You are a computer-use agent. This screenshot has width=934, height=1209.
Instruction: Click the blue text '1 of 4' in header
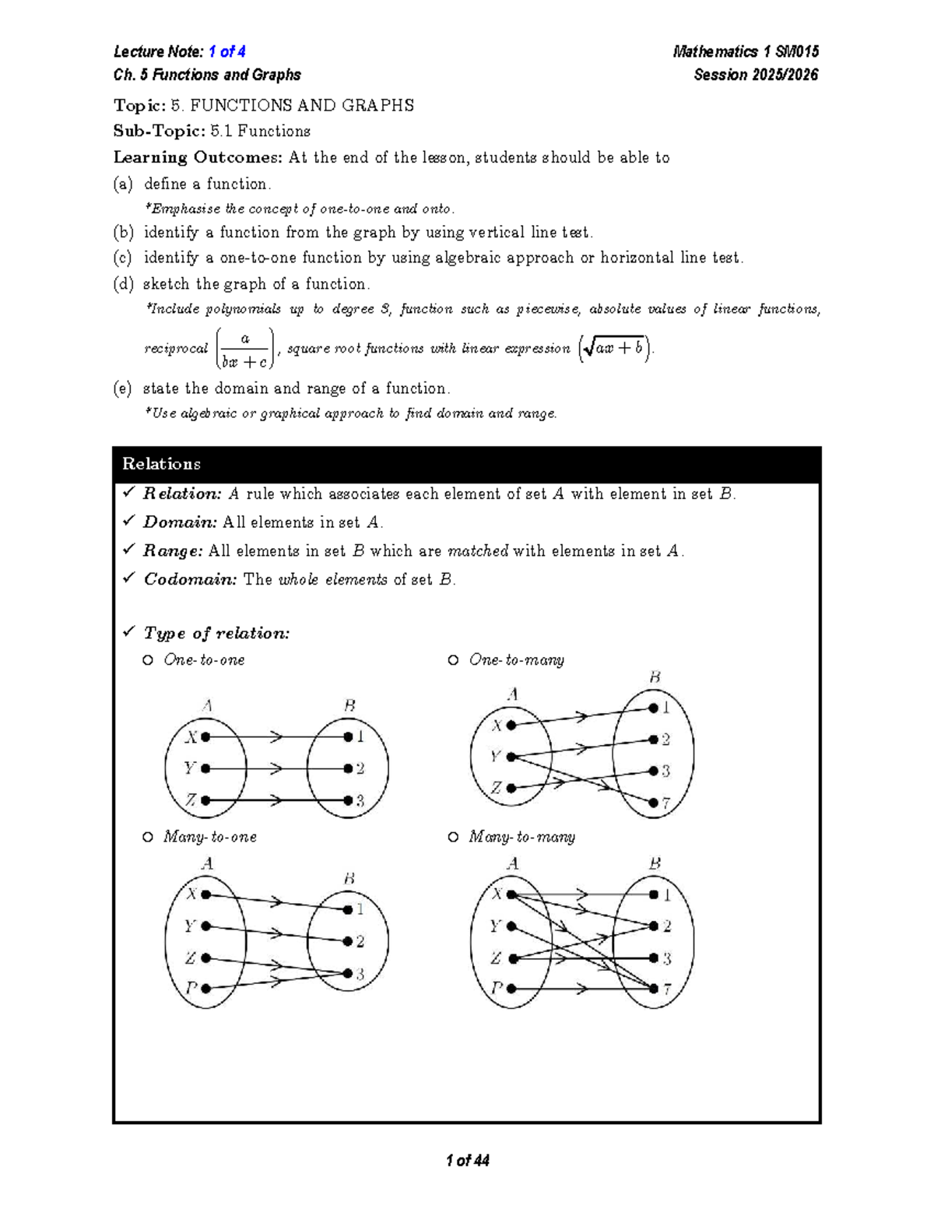tap(227, 52)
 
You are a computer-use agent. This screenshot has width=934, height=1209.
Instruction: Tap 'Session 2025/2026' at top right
tap(756, 76)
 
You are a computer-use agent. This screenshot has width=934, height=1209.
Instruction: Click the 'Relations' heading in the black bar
tap(161, 464)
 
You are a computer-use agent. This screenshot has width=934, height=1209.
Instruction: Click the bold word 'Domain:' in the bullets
tap(180, 522)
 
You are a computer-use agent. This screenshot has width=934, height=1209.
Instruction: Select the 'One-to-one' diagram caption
tap(204, 660)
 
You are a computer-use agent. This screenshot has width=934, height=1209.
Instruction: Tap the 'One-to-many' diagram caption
tap(516, 660)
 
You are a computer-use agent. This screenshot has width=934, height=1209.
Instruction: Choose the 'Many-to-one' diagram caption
tap(209, 837)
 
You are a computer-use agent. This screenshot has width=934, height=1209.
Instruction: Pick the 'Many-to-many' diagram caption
tap(521, 837)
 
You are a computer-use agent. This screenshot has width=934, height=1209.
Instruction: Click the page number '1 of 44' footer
tap(467, 1161)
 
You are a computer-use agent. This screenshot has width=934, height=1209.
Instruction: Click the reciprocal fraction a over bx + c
tap(244, 349)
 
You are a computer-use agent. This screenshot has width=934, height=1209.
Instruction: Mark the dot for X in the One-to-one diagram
tap(205, 736)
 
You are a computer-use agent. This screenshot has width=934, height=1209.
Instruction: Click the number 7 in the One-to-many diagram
tap(666, 803)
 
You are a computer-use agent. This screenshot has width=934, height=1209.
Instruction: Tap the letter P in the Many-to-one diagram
tap(191, 989)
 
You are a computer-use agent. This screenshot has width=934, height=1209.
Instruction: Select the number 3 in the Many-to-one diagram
tap(360, 974)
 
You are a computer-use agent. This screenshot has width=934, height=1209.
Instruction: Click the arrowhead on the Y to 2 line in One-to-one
tap(275, 769)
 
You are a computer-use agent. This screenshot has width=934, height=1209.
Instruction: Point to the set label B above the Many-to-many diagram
tap(655, 863)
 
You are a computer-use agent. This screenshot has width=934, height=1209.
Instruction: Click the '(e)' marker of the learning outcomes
tap(122, 388)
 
